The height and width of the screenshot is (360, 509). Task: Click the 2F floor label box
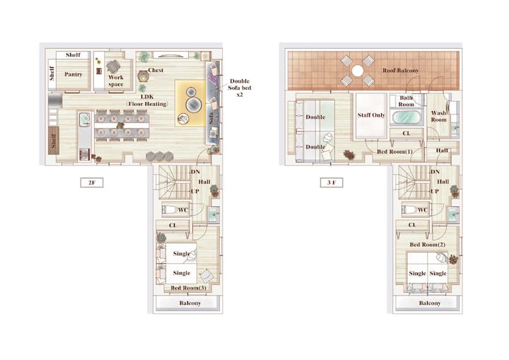pyautogui.click(x=92, y=182)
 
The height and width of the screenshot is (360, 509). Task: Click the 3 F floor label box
pyautogui.click(x=332, y=182)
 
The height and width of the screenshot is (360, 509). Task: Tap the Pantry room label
pyautogui.click(x=73, y=74)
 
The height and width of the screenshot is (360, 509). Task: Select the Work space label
pyautogui.click(x=116, y=81)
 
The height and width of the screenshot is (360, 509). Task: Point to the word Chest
pyautogui.click(x=156, y=70)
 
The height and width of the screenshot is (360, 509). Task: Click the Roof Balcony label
pyautogui.click(x=400, y=70)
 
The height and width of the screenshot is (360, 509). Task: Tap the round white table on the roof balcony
pyautogui.click(x=358, y=71)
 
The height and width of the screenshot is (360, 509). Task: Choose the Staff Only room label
pyautogui.click(x=371, y=115)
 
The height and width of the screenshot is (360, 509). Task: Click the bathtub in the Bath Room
pyautogui.click(x=406, y=117)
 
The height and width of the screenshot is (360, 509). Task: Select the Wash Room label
pyautogui.click(x=438, y=116)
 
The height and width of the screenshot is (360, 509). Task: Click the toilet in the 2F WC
pyautogui.click(x=170, y=209)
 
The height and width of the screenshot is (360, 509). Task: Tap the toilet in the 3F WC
pyautogui.click(x=409, y=209)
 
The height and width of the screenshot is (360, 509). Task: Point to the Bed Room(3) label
pyautogui.click(x=188, y=288)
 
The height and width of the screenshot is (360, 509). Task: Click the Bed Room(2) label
pyautogui.click(x=427, y=245)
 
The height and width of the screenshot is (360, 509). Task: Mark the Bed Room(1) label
pyautogui.click(x=394, y=152)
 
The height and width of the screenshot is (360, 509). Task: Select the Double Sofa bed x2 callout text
pyautogui.click(x=240, y=88)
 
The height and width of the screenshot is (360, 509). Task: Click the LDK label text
pyautogui.click(x=147, y=97)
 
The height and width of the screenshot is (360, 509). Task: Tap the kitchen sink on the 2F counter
pyautogui.click(x=85, y=119)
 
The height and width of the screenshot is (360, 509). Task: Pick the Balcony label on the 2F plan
pyautogui.click(x=190, y=303)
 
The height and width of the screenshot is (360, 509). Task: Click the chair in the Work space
pyautogui.click(x=113, y=66)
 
